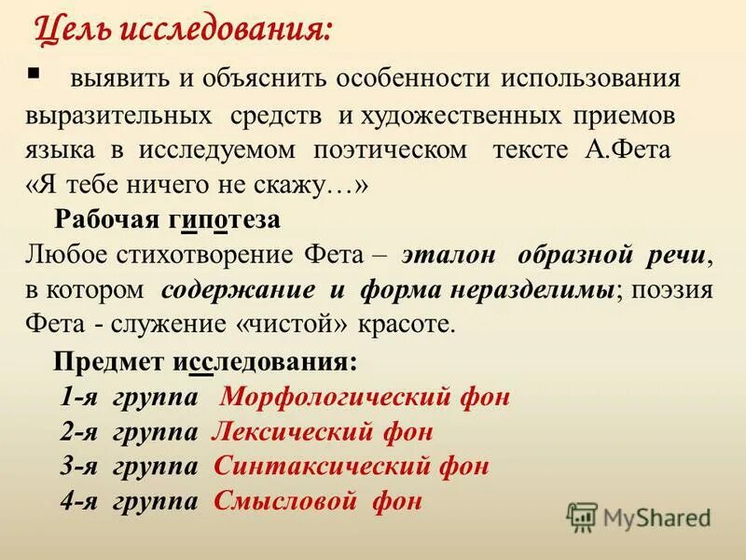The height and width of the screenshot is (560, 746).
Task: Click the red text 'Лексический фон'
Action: [x=323, y=431]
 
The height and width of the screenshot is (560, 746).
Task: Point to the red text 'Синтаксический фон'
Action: [x=351, y=466]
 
